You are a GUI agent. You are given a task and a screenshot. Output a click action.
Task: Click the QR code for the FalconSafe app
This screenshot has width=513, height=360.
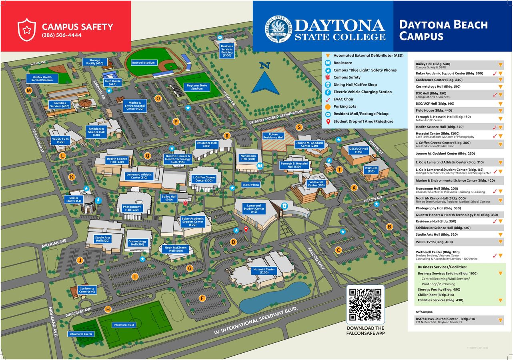[x=365, y=304]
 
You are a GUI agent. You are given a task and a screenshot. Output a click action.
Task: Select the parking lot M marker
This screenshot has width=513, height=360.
[x=29, y=91]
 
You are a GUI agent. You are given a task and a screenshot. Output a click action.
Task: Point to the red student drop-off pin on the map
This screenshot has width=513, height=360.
[x=246, y=229]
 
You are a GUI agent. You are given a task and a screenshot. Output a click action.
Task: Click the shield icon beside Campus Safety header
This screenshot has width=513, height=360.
[x=27, y=30]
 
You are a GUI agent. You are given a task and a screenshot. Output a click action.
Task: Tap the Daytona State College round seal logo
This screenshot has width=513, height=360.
[x=278, y=29]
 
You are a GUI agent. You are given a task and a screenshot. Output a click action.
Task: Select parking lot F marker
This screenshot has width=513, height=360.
[x=202, y=298]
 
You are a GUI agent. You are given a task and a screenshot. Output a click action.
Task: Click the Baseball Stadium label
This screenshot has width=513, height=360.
[x=144, y=63]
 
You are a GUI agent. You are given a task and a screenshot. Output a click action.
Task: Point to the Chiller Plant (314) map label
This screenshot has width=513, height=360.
[x=73, y=199]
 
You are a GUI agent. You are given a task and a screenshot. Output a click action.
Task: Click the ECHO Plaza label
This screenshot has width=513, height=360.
[x=251, y=185]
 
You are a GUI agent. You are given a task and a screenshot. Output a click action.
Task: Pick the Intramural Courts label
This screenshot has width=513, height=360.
[x=80, y=334]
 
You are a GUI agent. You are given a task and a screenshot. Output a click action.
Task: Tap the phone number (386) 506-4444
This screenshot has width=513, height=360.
[x=62, y=35]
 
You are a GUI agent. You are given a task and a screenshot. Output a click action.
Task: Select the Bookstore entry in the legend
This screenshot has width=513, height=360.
[x=343, y=63]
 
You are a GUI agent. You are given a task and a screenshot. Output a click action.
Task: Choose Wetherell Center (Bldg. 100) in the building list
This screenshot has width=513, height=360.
[x=437, y=252]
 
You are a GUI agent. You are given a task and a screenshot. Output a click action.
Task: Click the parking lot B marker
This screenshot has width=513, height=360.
[x=389, y=226]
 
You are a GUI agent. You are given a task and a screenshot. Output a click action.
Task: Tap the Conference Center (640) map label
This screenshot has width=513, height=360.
[x=87, y=290]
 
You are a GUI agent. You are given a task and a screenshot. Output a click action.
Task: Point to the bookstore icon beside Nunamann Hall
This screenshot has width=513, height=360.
[x=260, y=166]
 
